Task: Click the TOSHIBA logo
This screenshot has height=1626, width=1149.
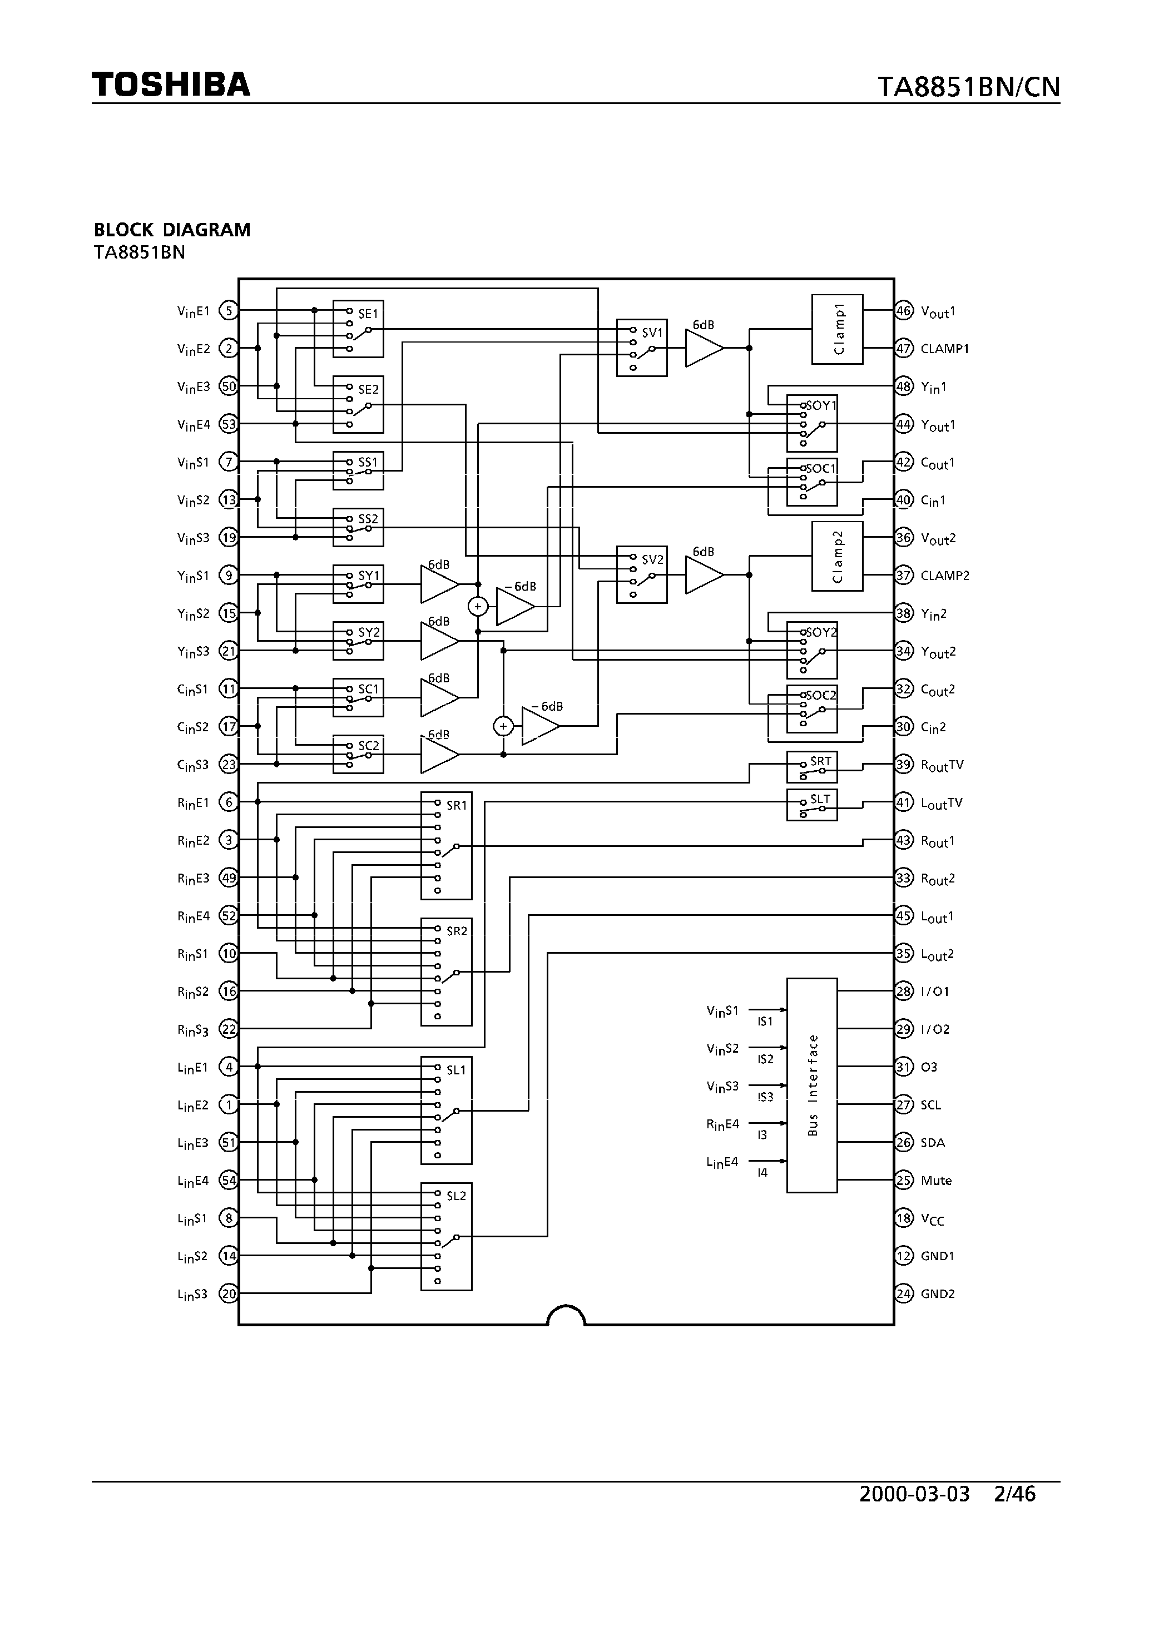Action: pyautogui.click(x=171, y=85)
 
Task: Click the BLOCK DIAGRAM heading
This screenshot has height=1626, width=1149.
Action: pyautogui.click(x=172, y=230)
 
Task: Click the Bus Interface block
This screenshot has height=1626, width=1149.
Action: pyautogui.click(x=812, y=1085)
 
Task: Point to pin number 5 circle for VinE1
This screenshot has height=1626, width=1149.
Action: pyautogui.click(x=228, y=310)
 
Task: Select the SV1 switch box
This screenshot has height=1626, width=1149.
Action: pyautogui.click(x=641, y=347)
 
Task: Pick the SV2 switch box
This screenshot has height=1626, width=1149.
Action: pyautogui.click(x=641, y=574)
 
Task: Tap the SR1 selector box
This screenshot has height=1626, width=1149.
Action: pyautogui.click(x=446, y=846)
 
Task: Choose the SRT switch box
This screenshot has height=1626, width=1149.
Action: pyautogui.click(x=812, y=767)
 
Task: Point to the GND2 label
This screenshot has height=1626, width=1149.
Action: pyautogui.click(x=937, y=1294)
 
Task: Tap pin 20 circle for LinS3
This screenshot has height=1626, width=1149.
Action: pyautogui.click(x=228, y=1294)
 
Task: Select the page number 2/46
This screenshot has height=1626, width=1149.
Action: pyautogui.click(x=1014, y=1495)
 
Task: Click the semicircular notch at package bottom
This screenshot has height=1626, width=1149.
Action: pyautogui.click(x=566, y=1316)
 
